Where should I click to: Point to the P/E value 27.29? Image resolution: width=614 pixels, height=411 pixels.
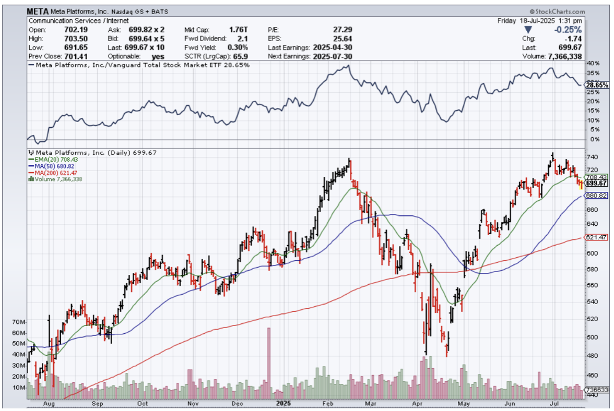(342, 30)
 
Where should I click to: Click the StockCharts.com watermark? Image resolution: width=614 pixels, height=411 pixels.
(556, 11)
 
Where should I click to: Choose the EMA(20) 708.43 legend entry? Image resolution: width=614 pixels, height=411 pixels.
(51, 160)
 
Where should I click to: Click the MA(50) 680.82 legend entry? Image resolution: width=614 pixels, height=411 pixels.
(51, 166)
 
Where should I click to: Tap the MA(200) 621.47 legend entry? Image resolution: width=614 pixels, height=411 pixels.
(52, 173)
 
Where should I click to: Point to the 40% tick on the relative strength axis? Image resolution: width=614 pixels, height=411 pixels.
(592, 63)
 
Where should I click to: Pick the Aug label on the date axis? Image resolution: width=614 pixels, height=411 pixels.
(50, 403)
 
